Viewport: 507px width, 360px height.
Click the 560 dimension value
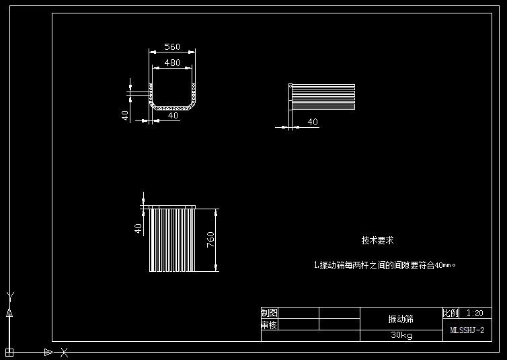[x=172, y=47]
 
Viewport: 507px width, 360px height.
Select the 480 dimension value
[x=172, y=63]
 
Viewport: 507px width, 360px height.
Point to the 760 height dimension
[x=210, y=239]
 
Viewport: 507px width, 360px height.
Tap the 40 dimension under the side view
[x=313, y=122]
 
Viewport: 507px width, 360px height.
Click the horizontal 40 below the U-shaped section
[x=173, y=116]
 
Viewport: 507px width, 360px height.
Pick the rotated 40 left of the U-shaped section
[x=125, y=114]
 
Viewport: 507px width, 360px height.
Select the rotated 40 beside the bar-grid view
[x=139, y=228]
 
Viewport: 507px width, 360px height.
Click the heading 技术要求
[x=377, y=240]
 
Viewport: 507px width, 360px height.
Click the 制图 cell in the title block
[x=269, y=313]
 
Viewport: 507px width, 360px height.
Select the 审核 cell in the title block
[x=269, y=325]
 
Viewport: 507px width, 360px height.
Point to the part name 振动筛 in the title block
[x=401, y=319]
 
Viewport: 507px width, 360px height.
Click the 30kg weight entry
[x=401, y=335]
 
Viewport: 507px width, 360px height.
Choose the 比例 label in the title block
[x=451, y=313]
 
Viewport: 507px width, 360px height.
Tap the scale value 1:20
[x=475, y=313]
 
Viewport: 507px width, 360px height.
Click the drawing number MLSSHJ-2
[x=467, y=330]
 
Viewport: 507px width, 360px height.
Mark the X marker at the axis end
[x=64, y=352]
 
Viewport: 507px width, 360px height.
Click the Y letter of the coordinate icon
[x=9, y=295]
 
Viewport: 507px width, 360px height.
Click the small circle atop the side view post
[x=290, y=85]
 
